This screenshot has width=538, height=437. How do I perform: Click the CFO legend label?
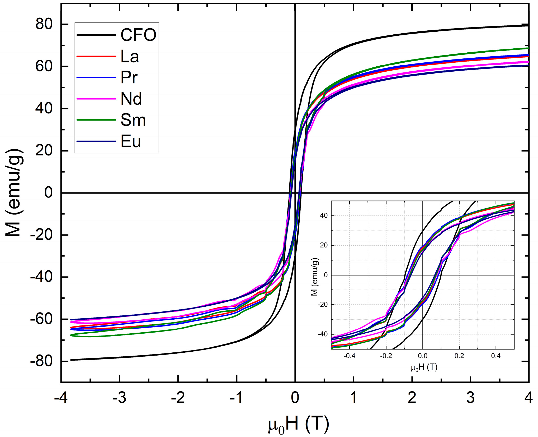138,35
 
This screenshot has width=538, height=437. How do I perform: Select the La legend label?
130,56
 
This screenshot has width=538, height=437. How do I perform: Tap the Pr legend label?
129,77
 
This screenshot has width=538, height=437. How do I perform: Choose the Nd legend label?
131,99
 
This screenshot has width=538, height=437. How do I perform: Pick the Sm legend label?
133,120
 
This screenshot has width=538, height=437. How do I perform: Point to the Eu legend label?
131,141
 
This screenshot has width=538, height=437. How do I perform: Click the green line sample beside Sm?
96,120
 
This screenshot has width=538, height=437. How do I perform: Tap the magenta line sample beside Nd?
96,99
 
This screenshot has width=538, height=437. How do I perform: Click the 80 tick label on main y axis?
44,24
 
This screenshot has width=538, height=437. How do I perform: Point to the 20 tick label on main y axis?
44,151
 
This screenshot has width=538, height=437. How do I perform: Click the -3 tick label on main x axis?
119,398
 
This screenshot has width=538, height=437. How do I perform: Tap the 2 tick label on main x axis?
412,398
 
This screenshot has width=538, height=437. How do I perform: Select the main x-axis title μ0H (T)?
298,425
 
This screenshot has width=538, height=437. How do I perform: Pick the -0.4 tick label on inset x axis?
349,356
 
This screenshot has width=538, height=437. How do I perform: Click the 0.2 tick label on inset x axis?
459,356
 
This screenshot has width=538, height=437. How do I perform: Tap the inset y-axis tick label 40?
324,216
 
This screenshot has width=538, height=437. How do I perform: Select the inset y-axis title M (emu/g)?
315,277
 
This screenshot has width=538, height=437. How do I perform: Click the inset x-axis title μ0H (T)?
424,367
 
